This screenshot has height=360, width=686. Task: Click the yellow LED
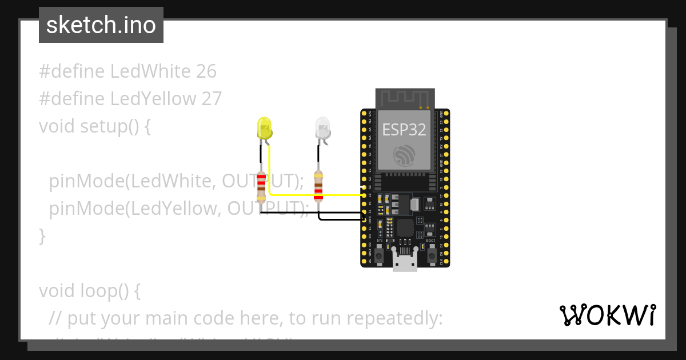click(264, 129)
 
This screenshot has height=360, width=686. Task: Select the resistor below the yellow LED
click(261, 187)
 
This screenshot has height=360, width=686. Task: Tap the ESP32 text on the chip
click(404, 130)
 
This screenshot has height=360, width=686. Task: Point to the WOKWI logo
click(607, 315)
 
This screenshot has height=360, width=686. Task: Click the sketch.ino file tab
click(101, 25)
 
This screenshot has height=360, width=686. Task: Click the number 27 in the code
click(211, 99)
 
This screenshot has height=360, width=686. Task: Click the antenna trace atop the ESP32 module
click(405, 97)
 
